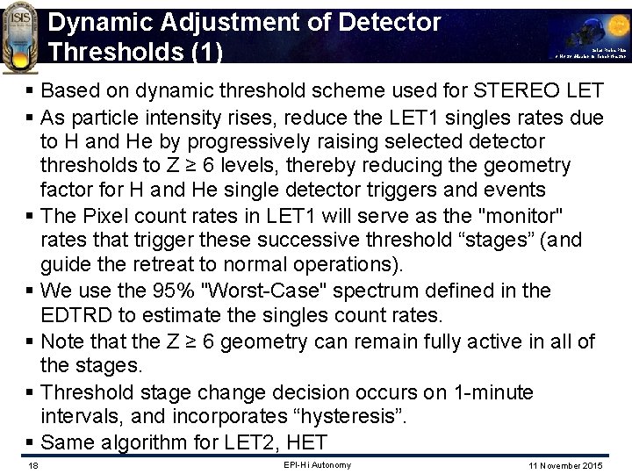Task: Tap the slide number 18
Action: coord(32,465)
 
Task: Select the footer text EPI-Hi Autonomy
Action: coord(317,464)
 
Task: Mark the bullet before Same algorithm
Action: coord(32,442)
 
